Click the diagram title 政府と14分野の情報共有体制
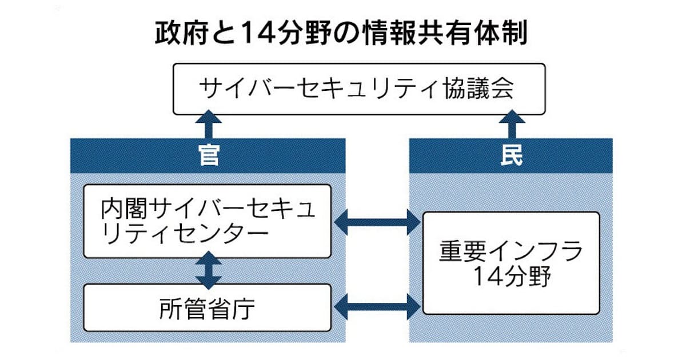341,35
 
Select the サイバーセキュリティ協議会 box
359,89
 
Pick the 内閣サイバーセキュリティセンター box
207,221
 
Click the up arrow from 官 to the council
209,123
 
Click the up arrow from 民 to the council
510,123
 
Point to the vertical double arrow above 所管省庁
209,271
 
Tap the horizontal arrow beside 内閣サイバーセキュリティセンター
377,222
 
